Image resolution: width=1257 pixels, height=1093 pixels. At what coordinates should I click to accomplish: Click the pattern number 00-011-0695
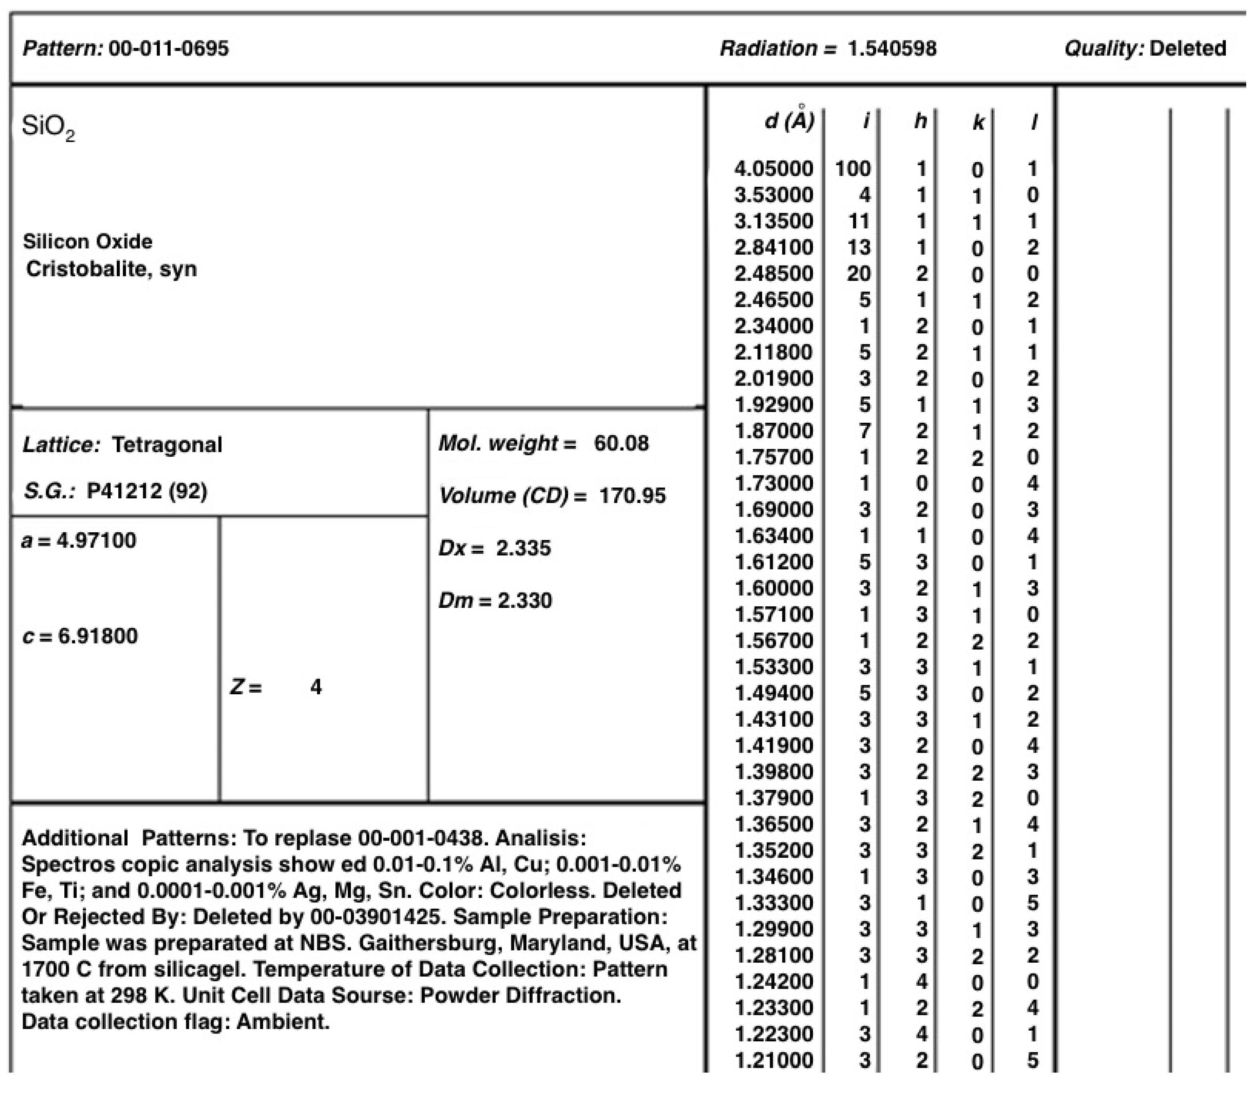coord(168,48)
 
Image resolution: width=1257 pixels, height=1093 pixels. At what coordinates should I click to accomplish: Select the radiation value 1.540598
coord(892,48)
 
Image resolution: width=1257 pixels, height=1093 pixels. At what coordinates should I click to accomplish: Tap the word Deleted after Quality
coord(1187,48)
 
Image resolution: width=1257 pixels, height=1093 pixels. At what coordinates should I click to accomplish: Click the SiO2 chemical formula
coord(48,127)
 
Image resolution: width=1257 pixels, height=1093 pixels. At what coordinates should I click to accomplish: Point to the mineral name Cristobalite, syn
coord(112,269)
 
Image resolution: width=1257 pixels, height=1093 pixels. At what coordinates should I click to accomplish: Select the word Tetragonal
coord(167,445)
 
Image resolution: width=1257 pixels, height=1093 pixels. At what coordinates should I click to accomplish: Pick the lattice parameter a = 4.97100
coord(79,540)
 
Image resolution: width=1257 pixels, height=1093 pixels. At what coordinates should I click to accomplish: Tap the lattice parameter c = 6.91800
coord(80,636)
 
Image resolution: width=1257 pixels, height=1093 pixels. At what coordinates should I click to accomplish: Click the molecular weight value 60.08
coord(621,443)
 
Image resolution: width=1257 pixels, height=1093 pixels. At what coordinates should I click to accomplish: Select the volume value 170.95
coord(632,495)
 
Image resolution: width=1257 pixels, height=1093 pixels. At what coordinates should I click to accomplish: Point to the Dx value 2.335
coord(523,548)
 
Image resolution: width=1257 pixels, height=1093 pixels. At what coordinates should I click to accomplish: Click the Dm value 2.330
coord(524,600)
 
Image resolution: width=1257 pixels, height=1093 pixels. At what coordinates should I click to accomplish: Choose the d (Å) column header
coord(789,121)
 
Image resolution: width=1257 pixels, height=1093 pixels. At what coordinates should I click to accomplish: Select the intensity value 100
coord(853,168)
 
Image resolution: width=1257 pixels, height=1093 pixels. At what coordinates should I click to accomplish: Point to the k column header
coord(978,123)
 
